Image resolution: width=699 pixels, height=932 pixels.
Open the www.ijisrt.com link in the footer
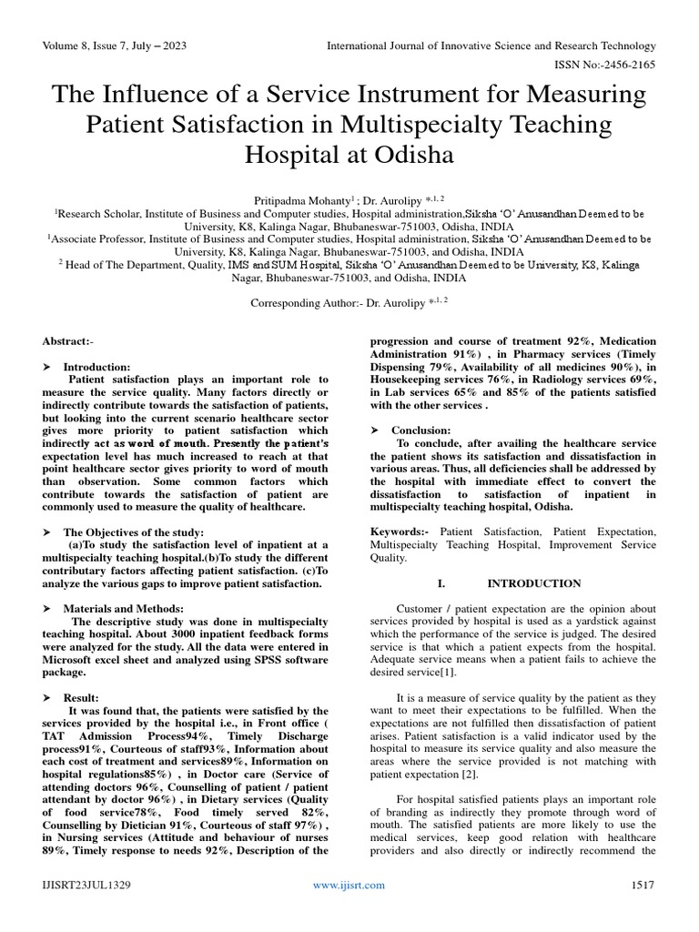[349, 885]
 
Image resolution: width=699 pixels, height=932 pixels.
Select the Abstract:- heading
[68, 340]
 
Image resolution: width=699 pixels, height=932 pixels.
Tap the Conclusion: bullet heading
[420, 429]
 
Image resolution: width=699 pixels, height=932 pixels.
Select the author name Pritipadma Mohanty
[286, 197]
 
